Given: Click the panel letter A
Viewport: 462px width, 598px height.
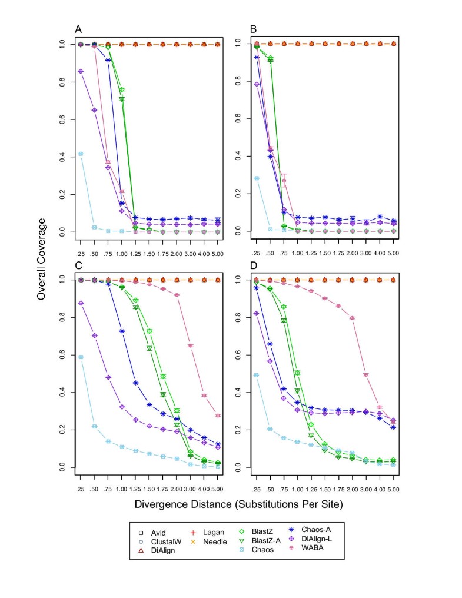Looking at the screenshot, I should (x=78, y=29).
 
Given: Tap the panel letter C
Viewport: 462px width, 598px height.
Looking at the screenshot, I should (x=78, y=264).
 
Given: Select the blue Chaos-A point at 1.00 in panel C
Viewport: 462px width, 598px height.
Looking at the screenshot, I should (x=122, y=331).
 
